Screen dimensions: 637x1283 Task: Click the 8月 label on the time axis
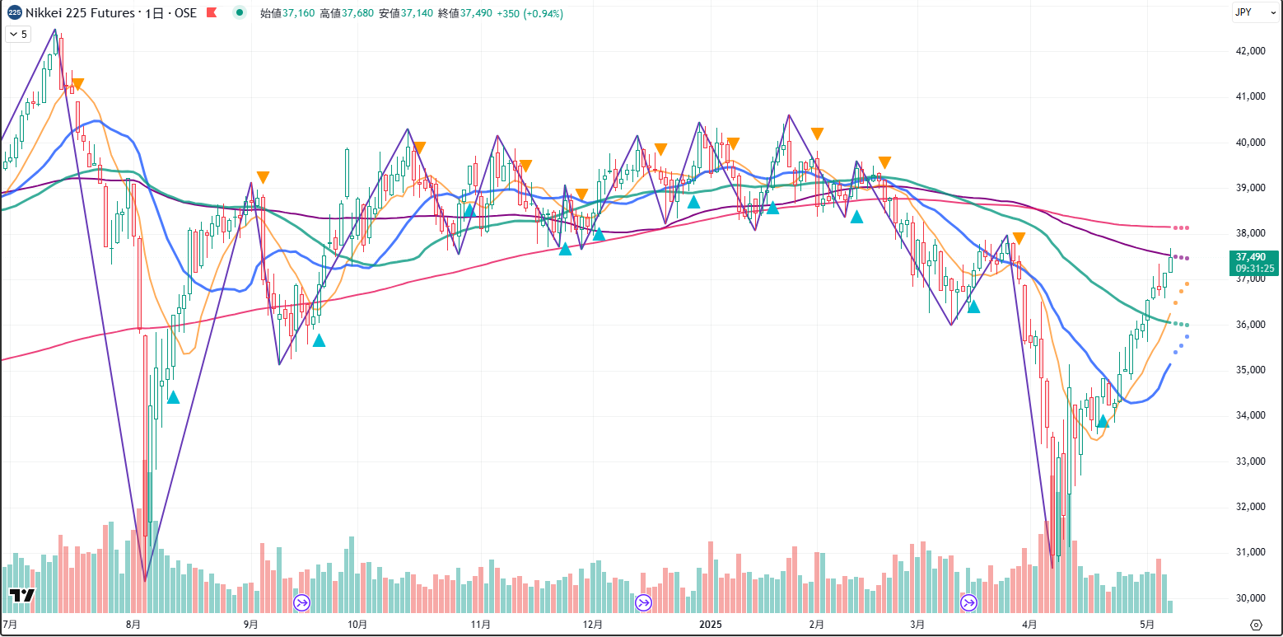pyautogui.click(x=133, y=624)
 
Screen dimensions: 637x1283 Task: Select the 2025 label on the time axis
pyautogui.click(x=710, y=624)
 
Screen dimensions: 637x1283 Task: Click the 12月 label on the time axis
pyautogui.click(x=591, y=624)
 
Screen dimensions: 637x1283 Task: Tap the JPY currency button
pyautogui.click(x=1244, y=12)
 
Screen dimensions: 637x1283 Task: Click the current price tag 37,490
pyautogui.click(x=1255, y=257)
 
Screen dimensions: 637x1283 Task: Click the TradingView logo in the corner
pyautogui.click(x=21, y=596)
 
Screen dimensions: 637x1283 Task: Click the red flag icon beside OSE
pyautogui.click(x=212, y=13)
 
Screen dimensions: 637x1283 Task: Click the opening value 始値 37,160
pyautogui.click(x=287, y=13)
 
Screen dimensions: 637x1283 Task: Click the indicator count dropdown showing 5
pyautogui.click(x=18, y=34)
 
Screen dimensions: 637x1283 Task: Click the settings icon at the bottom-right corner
pyautogui.click(x=1257, y=624)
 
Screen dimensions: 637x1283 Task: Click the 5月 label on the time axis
pyautogui.click(x=1147, y=624)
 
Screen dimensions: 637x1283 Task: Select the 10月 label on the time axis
pyautogui.click(x=357, y=624)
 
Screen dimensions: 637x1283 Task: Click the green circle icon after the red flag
pyautogui.click(x=239, y=12)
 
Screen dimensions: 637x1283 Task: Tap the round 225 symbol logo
pyautogui.click(x=14, y=12)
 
